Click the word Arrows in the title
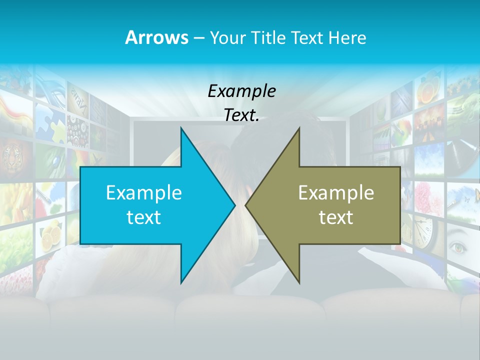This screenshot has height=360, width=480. pos(156,37)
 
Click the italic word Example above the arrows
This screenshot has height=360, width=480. pos(241,91)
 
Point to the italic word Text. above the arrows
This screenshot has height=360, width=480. pos(241,115)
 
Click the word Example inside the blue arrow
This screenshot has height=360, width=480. pos(144,192)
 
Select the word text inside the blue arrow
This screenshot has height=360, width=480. pos(144,217)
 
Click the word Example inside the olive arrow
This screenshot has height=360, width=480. pos(336,192)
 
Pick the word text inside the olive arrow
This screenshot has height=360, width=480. pos(336,217)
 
